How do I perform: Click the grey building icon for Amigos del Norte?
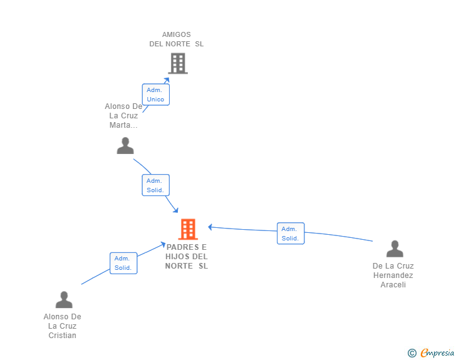point(178,63)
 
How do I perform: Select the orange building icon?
point(188,229)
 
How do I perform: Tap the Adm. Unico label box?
point(155,95)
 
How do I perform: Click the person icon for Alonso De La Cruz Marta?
point(125,146)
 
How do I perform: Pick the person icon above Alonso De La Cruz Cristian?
point(64,299)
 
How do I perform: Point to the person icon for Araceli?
point(395,249)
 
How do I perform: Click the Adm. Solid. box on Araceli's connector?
point(291,234)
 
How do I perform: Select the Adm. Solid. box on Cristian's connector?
point(123,263)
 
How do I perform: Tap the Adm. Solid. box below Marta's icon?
point(155,185)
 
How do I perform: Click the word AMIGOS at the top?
point(177,34)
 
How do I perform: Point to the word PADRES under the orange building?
point(183,247)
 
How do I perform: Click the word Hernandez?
point(393,275)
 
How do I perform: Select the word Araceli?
point(393,285)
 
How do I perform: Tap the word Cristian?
point(62,336)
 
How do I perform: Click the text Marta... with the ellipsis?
point(123,125)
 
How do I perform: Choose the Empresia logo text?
point(437,353)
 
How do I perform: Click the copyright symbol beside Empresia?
point(412,353)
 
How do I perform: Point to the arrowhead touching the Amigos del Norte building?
point(167,80)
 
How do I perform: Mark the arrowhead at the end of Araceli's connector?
point(210,227)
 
